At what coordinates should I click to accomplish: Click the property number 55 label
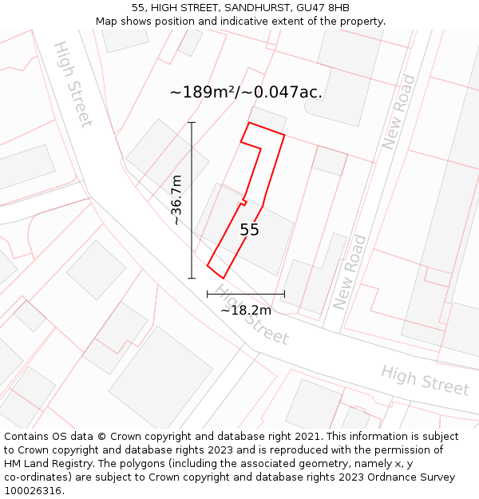click(x=250, y=230)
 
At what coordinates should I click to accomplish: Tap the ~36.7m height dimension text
click(x=176, y=200)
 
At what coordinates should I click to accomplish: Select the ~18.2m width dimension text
click(x=246, y=310)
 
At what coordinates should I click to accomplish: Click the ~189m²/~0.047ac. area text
click(x=246, y=92)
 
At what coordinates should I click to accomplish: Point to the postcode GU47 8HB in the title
click(x=323, y=8)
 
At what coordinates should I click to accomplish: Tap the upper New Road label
click(x=398, y=112)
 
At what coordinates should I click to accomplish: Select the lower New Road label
click(x=350, y=272)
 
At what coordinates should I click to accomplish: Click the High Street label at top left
click(x=73, y=84)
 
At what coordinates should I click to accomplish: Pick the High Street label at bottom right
click(x=425, y=380)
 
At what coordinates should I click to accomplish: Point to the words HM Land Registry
click(x=42, y=464)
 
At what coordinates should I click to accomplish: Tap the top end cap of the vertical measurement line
click(x=192, y=122)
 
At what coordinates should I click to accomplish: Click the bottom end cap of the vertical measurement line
click(x=192, y=278)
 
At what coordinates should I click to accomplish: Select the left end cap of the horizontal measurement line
click(x=208, y=294)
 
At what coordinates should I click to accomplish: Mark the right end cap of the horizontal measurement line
click(x=284, y=294)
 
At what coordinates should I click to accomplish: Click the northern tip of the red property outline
click(x=251, y=123)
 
